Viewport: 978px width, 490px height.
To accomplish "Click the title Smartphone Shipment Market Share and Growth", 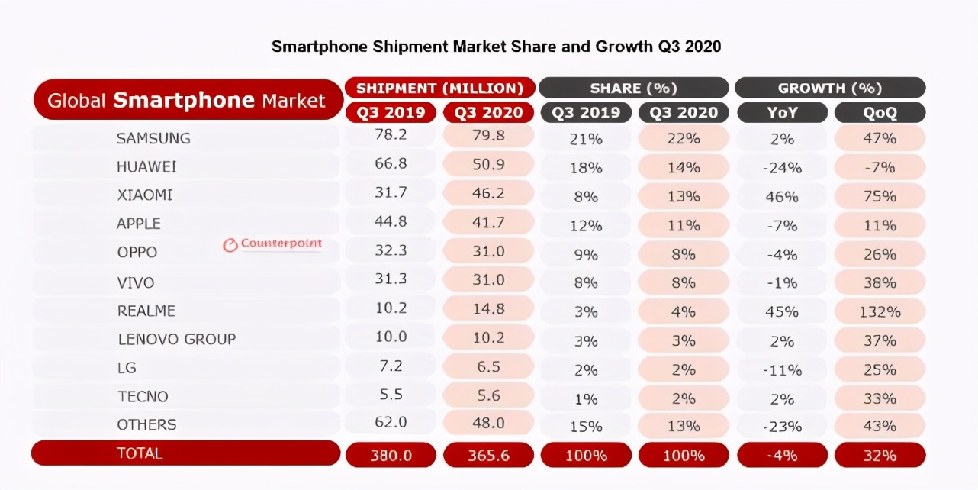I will pos(496,47).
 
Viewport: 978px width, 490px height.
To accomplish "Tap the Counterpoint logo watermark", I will pos(272,244).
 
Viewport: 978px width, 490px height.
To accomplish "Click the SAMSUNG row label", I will pos(153,138).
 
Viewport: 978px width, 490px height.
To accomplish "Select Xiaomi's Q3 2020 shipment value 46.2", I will pos(488,194).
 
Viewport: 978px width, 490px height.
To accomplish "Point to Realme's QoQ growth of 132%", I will pos(880,311).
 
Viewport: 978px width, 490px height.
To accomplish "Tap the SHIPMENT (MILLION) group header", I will pos(439,88).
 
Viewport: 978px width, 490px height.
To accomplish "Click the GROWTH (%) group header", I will pos(830,88).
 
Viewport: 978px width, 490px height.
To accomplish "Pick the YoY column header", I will pos(782,113).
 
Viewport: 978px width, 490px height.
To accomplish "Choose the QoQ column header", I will pos(880,113).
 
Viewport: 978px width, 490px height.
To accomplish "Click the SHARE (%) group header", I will pos(635,88).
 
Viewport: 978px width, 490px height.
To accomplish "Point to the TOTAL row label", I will pos(140,453).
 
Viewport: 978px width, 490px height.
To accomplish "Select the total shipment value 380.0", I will pos(391,456).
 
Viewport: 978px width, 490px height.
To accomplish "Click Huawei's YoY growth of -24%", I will pos(782,168).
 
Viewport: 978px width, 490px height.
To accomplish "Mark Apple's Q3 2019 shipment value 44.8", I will pos(391,223).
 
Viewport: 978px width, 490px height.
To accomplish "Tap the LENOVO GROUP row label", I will pos(176,339).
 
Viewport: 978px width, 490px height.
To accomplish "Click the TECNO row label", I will pos(143,396).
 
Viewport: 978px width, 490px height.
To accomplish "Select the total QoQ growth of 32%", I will pos(880,456).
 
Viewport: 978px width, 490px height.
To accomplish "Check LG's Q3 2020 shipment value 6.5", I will pos(488,366).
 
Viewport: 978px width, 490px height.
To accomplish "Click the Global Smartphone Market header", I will pos(187,100).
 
